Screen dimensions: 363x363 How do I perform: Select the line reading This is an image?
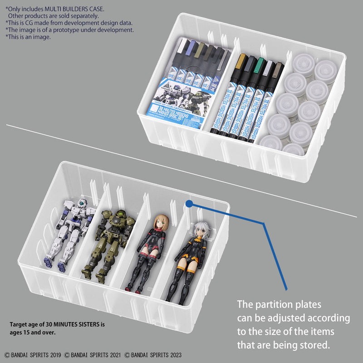[x=29, y=37]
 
